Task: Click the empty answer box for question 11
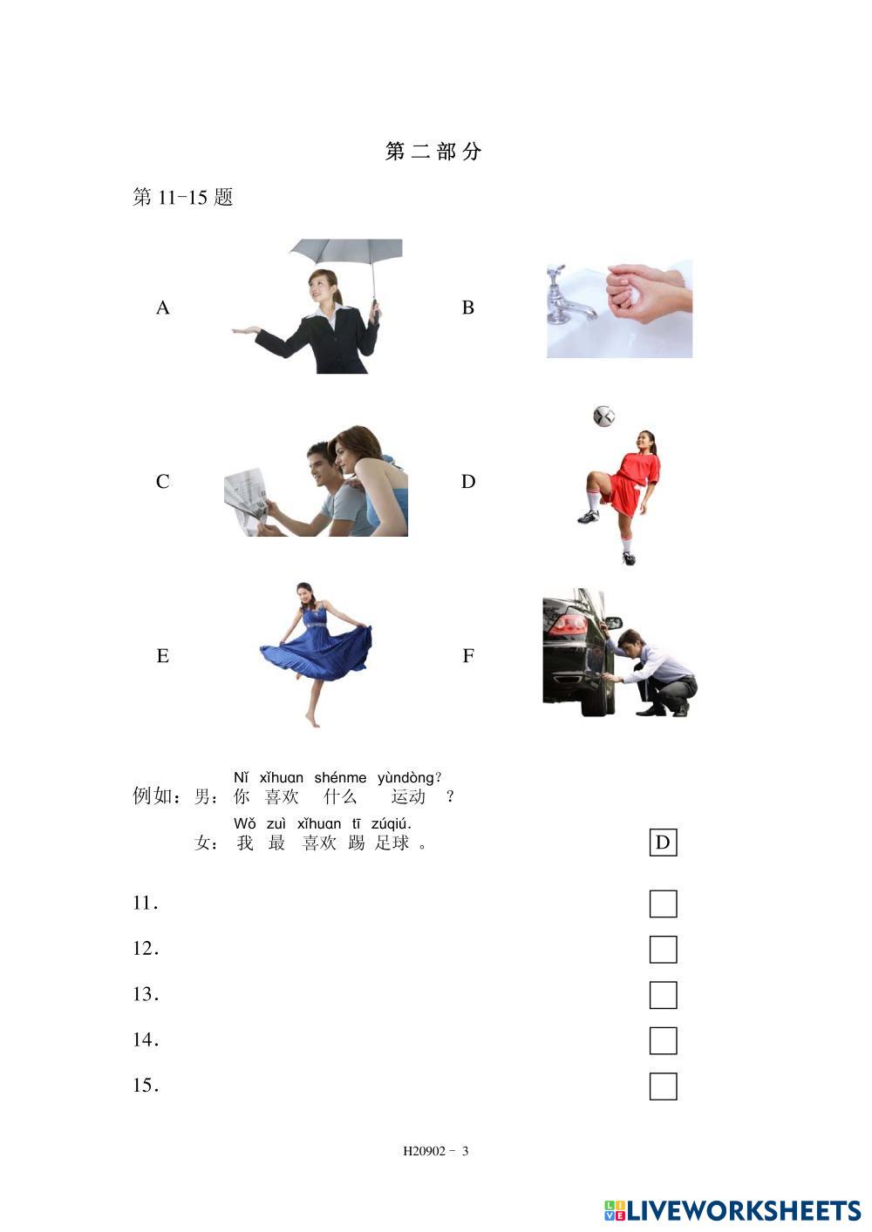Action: (663, 904)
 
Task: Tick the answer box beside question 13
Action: (663, 995)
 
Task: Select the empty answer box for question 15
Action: (663, 1086)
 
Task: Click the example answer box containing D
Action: (663, 843)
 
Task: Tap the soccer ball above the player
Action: (604, 416)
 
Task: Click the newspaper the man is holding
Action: (247, 499)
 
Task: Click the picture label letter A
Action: (162, 308)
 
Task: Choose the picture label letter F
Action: (468, 655)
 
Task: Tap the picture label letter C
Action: (162, 482)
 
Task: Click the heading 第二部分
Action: (433, 152)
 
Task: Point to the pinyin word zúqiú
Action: (391, 824)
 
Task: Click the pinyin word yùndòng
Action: (405, 778)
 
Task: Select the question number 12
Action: (146, 948)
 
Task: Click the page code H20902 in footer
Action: (424, 1151)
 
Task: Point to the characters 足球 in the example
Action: (392, 843)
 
